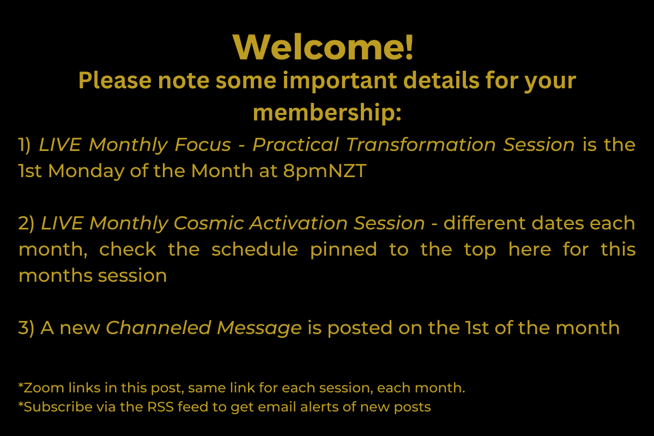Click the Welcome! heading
[x=324, y=47]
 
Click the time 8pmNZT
[x=325, y=171]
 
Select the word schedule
[x=255, y=250]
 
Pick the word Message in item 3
[x=259, y=328]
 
